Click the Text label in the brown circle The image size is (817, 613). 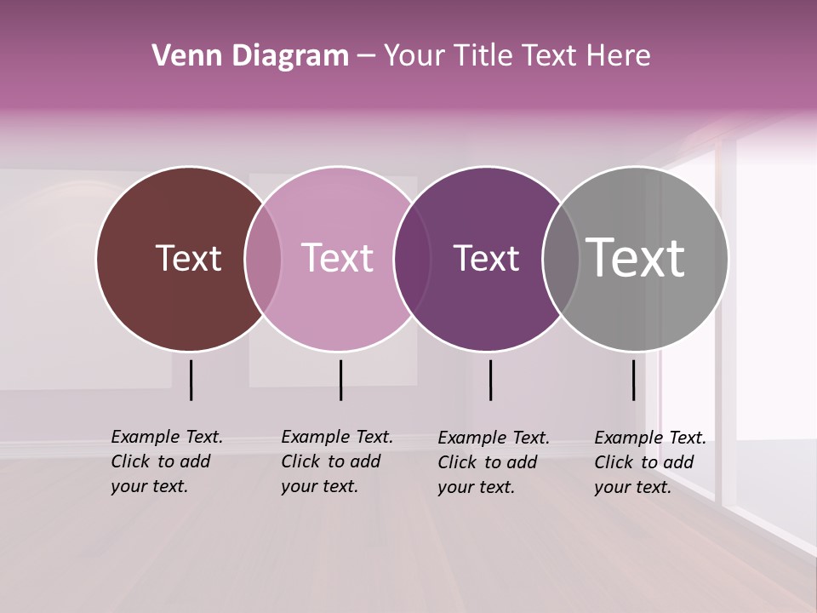(188, 258)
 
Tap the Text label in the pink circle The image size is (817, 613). (338, 258)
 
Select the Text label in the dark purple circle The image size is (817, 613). (486, 258)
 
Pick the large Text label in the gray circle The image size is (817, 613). (636, 258)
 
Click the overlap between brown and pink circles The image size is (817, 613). (263, 259)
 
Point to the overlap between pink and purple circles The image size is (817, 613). (412, 259)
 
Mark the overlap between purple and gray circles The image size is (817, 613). (561, 259)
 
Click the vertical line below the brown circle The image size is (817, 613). (191, 380)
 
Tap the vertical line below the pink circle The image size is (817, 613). (340, 380)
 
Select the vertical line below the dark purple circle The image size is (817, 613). (490, 380)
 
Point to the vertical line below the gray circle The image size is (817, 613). (633, 380)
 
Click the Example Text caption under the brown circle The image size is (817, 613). (167, 461)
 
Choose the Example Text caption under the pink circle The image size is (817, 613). (337, 461)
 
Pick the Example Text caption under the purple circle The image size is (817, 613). (494, 462)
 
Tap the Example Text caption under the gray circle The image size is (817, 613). (650, 462)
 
